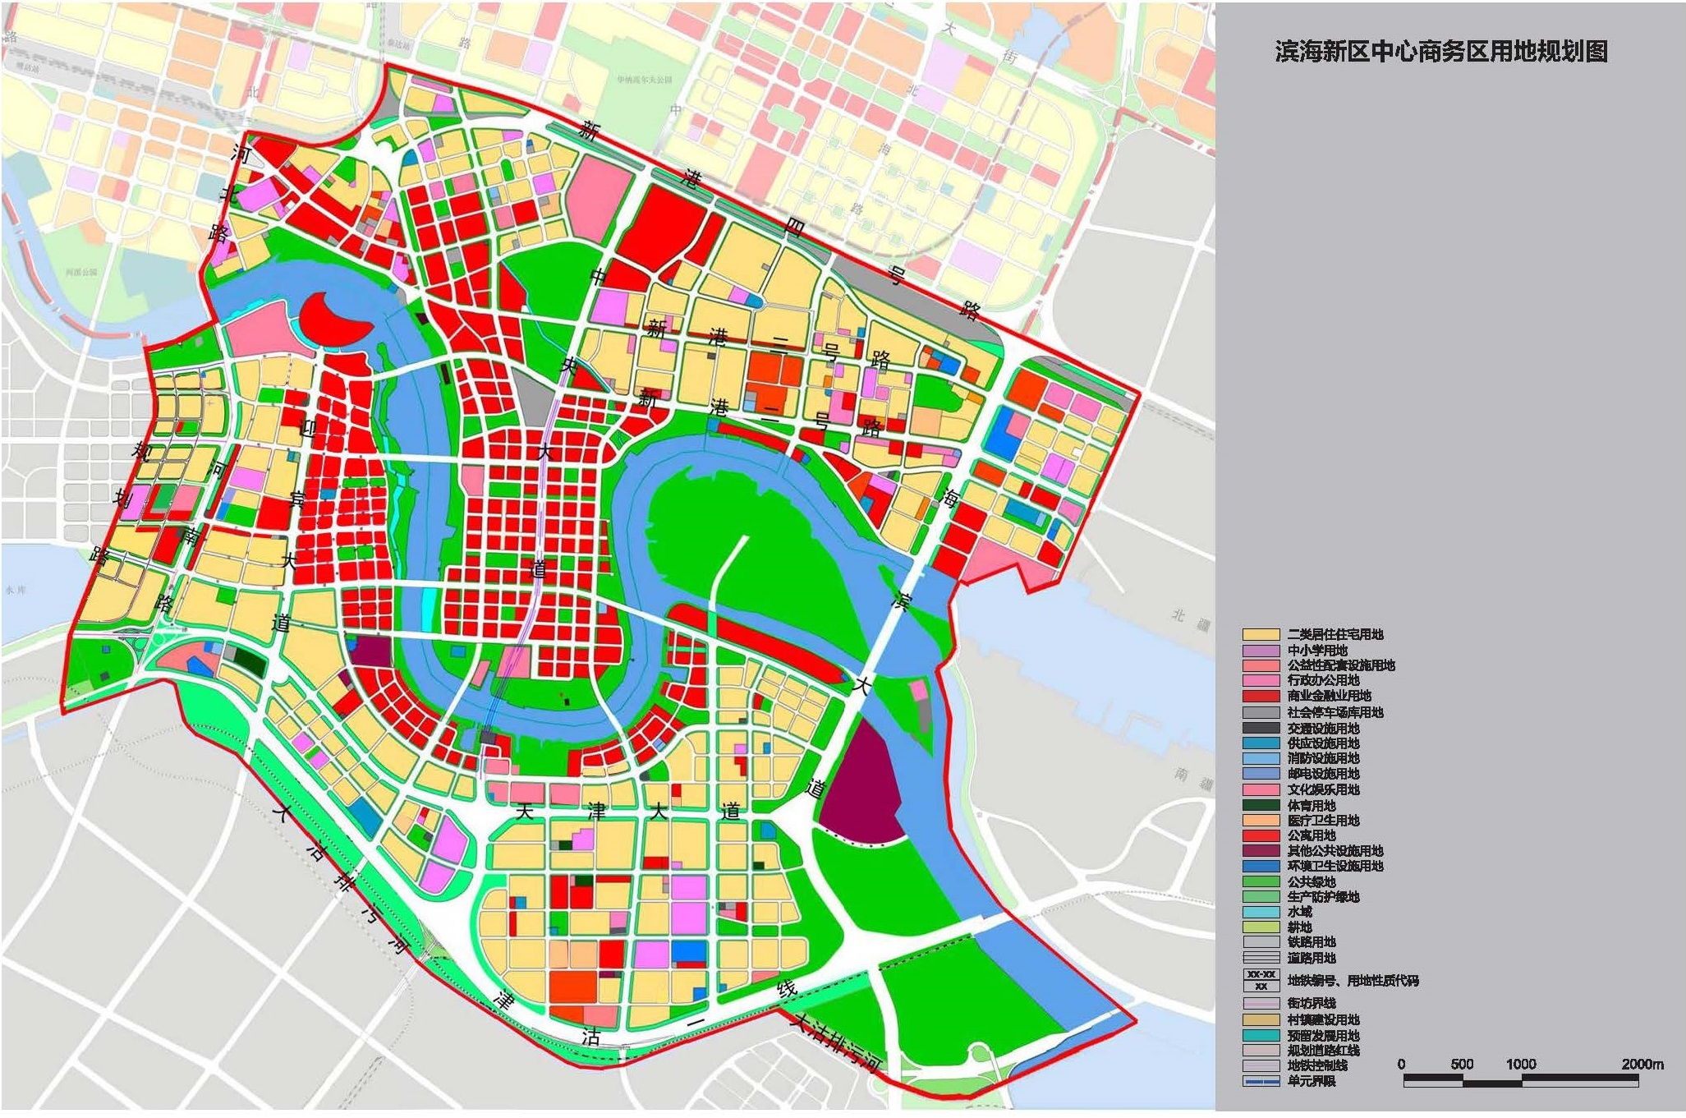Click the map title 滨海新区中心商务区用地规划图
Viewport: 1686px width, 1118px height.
pos(1440,52)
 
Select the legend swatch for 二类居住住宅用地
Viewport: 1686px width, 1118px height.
pos(1261,635)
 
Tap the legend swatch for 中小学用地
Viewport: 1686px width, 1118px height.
pos(1261,651)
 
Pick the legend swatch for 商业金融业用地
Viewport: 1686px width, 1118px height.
pos(1261,697)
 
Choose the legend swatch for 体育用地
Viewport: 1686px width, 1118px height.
pos(1261,806)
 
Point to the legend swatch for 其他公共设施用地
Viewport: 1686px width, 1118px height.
pos(1261,851)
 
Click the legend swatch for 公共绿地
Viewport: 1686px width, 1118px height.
pos(1261,882)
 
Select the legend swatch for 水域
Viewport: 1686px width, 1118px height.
pos(1261,913)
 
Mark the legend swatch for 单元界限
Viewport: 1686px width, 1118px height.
pos(1261,1082)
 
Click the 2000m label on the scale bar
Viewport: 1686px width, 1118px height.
pos(1642,1064)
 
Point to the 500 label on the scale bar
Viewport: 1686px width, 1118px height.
pos(1461,1064)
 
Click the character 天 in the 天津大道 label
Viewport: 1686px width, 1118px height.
pos(525,812)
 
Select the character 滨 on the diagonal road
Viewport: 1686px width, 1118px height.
pos(901,601)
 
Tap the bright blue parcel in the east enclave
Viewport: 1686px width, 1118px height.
pos(1001,434)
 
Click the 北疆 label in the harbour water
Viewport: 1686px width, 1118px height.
pos(1191,620)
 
